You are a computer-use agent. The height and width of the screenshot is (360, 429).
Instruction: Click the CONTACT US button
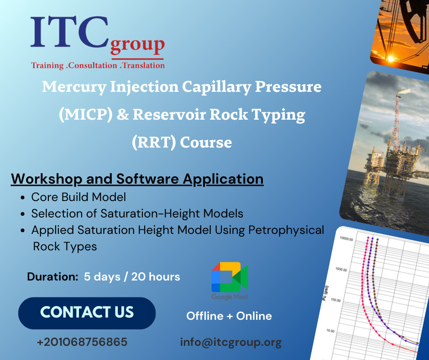pyautogui.click(x=87, y=313)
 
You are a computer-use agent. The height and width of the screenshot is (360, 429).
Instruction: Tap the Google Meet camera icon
pyautogui.click(x=229, y=277)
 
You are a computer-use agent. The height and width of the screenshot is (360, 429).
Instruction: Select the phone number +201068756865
pyautogui.click(x=82, y=342)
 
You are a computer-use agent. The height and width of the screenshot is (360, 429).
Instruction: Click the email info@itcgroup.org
pyautogui.click(x=230, y=342)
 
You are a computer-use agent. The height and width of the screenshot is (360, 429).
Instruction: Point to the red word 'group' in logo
pyautogui.click(x=137, y=46)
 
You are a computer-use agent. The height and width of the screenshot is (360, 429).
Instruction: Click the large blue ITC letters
pyautogui.click(x=68, y=33)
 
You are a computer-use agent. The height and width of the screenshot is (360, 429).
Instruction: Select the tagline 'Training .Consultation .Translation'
pyautogui.click(x=98, y=65)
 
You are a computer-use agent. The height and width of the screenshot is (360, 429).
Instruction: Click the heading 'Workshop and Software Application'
pyautogui.click(x=137, y=179)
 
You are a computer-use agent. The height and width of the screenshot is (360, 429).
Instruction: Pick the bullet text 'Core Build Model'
pyautogui.click(x=78, y=197)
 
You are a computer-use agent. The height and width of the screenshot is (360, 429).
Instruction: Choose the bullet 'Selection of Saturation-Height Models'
pyautogui.click(x=137, y=213)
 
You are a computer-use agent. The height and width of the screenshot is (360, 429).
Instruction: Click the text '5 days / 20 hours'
pyautogui.click(x=132, y=277)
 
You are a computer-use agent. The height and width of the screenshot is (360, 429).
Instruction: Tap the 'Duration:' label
pyautogui.click(x=52, y=277)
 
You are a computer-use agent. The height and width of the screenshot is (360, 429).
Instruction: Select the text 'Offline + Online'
pyautogui.click(x=229, y=316)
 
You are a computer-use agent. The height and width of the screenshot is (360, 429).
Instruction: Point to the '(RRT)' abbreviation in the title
pyautogui.click(x=153, y=143)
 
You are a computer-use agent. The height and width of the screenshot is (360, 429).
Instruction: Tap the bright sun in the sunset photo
pyautogui.click(x=391, y=58)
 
